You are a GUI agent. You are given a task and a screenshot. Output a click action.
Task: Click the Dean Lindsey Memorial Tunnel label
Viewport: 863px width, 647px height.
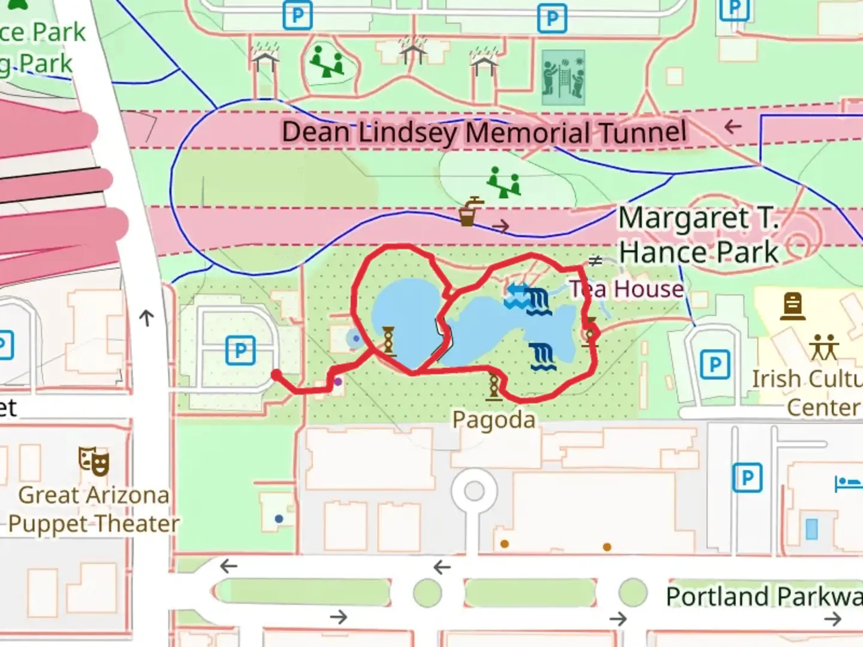484,132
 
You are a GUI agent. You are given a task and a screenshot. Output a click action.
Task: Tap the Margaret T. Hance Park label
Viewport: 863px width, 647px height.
699,234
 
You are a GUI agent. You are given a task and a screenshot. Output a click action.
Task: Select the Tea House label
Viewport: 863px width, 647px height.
626,289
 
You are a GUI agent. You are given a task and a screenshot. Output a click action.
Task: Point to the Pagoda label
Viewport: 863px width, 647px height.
494,419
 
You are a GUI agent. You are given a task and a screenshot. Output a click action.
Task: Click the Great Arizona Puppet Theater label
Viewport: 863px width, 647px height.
93,509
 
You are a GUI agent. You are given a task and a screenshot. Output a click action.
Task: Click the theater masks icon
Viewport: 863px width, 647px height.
94,461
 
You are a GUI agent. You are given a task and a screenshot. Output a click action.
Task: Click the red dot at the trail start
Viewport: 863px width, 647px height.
276,375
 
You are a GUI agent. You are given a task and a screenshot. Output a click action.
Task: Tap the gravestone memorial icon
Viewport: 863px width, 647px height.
792,306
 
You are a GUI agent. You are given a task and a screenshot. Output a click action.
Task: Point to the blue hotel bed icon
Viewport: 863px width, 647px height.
847,482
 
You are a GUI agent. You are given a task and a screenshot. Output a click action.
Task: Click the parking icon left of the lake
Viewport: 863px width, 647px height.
240,350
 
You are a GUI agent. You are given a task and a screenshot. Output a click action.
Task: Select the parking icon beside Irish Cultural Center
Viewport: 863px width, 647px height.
714,365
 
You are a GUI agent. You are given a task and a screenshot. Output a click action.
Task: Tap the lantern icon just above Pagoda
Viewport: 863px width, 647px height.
494,385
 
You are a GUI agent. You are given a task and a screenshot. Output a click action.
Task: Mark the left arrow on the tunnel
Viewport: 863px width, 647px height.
732,127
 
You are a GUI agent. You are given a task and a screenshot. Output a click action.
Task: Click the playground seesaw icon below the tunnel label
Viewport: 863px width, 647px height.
503,182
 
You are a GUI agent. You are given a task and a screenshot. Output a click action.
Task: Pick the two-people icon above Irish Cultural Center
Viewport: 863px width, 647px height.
824,347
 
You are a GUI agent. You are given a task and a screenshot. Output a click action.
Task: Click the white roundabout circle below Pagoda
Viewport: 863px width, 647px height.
474,491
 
